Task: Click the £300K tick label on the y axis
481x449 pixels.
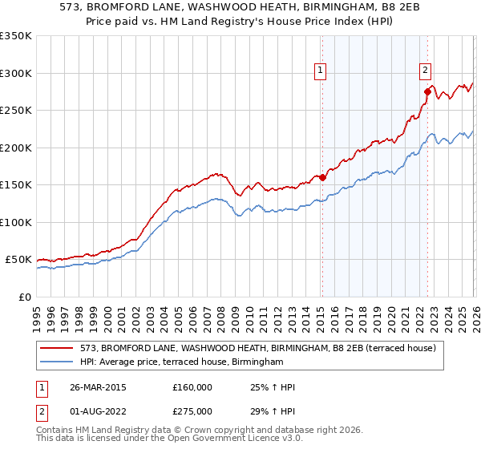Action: pyautogui.click(x=16, y=73)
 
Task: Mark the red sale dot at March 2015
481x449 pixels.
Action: pyautogui.click(x=322, y=177)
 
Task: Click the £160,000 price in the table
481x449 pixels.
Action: pyautogui.click(x=192, y=387)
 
